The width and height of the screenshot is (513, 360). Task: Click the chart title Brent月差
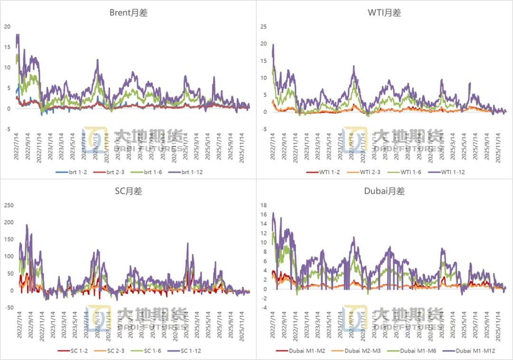(128, 13)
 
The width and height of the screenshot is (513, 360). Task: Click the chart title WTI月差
(384, 13)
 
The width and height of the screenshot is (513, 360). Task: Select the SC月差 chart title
(128, 191)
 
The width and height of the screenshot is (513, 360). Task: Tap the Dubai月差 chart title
(384, 191)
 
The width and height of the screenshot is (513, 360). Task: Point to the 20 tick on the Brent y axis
(7, 27)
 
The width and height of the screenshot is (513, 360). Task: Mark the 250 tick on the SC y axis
(9, 205)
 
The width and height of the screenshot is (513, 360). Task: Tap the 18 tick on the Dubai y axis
(263, 205)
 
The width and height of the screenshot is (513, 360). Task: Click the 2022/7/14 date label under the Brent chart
(16, 146)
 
